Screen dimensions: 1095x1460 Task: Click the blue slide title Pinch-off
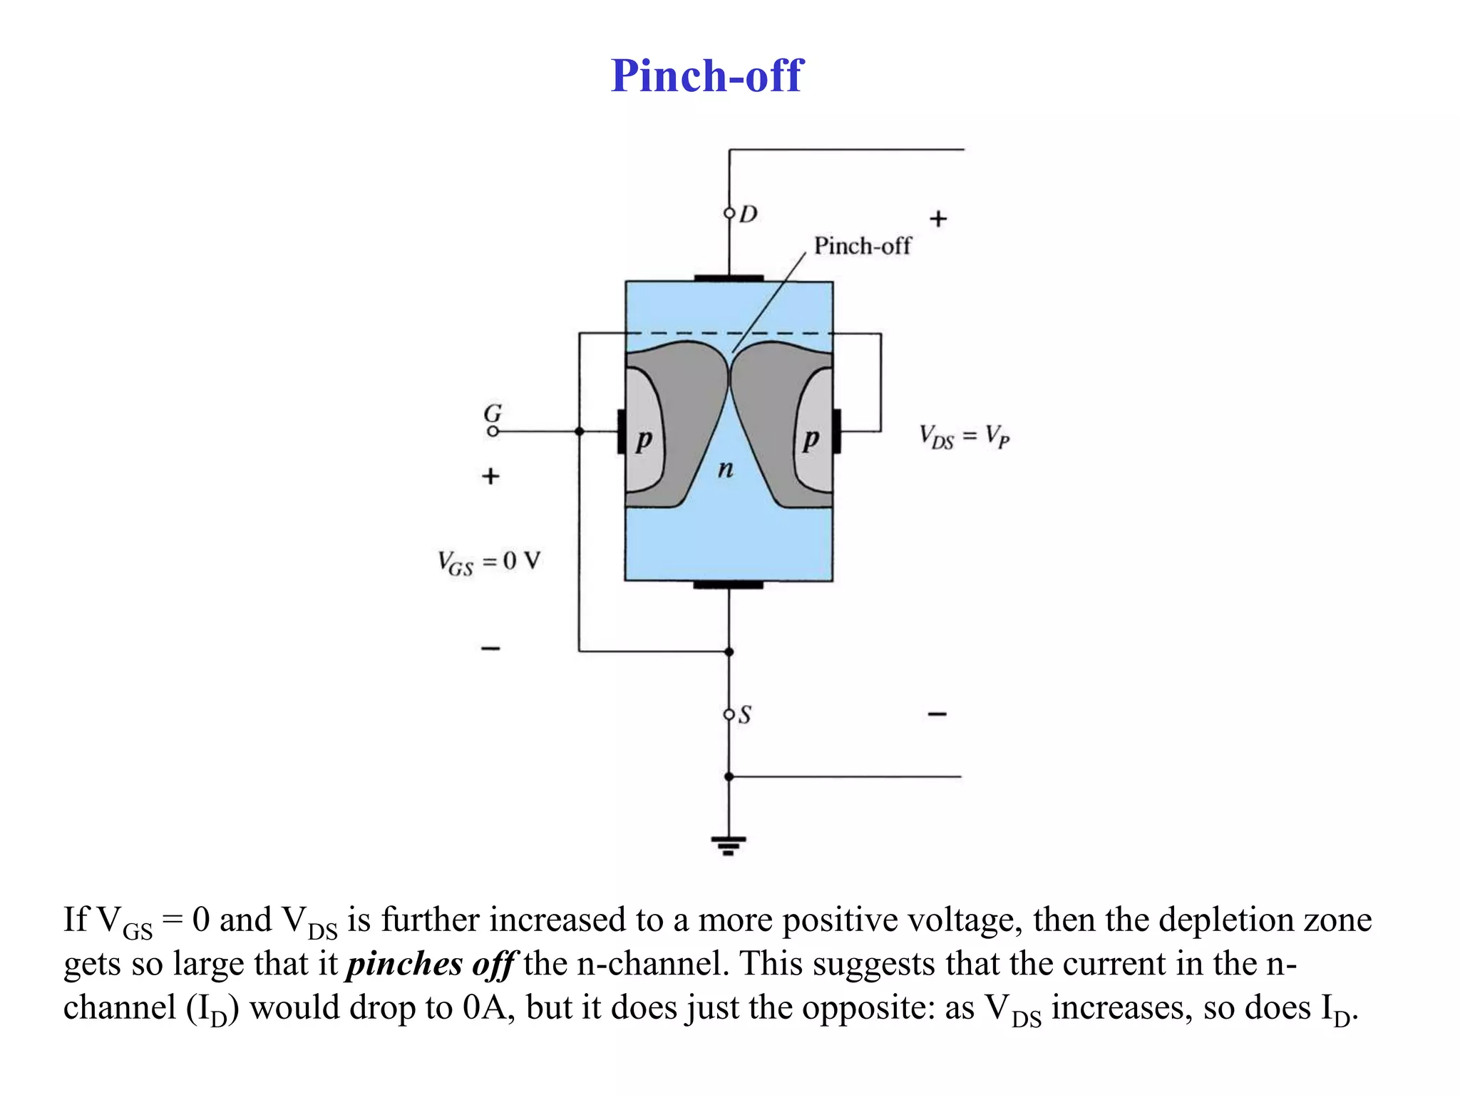[706, 76]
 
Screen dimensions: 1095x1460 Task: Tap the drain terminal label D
[748, 214]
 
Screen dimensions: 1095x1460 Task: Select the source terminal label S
[744, 714]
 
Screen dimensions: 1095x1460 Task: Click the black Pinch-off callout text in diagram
[862, 246]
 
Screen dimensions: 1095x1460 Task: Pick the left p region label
[644, 440]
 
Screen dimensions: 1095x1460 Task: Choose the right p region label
[811, 440]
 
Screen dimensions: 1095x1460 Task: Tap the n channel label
[725, 469]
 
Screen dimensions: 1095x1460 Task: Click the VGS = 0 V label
[489, 562]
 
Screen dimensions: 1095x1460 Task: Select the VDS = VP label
[964, 436]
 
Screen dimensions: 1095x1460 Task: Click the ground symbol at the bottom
[728, 845]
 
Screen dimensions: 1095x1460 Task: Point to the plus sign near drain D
[938, 219]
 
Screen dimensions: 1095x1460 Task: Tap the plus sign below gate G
[490, 475]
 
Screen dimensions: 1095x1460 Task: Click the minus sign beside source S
[937, 714]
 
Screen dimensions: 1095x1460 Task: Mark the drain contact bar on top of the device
[728, 278]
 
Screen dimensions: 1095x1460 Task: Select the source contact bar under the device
[728, 585]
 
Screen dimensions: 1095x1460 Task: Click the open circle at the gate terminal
[493, 431]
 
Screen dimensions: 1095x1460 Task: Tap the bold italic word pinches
[404, 965]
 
